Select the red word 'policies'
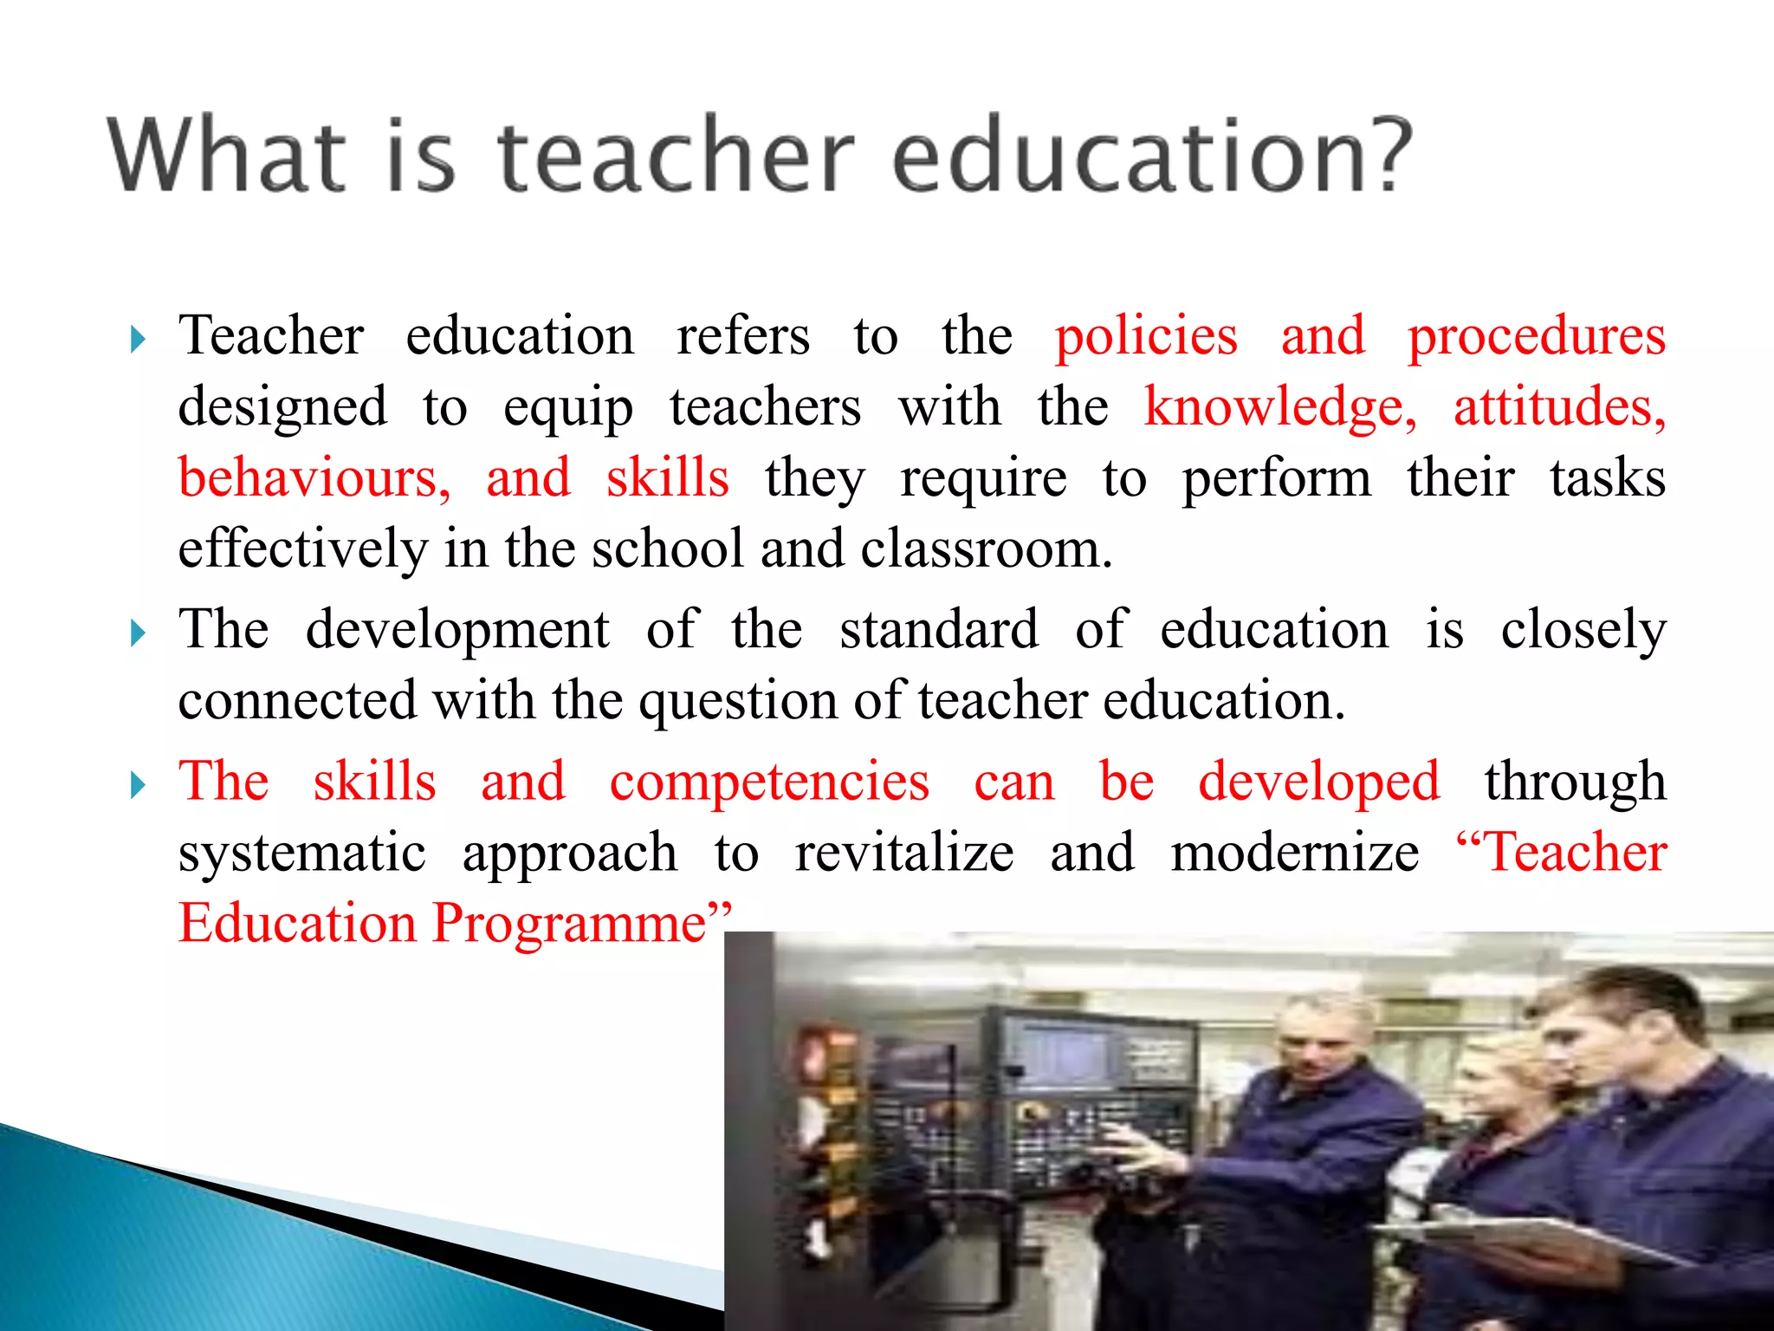pos(1146,336)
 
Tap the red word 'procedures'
pos(1536,338)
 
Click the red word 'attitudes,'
pos(1559,407)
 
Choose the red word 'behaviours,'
pos(314,478)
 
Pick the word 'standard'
pos(939,629)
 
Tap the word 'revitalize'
pos(904,853)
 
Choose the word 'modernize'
pos(1295,853)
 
